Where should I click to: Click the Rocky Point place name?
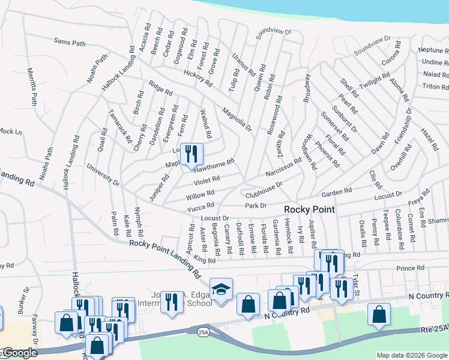click(x=309, y=209)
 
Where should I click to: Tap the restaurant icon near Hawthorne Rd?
click(x=191, y=155)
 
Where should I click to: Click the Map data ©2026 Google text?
click(x=412, y=355)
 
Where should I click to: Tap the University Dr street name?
click(x=103, y=173)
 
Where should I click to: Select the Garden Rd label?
click(x=336, y=192)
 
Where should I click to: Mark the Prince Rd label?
click(x=411, y=268)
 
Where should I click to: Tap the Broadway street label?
click(x=307, y=87)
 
